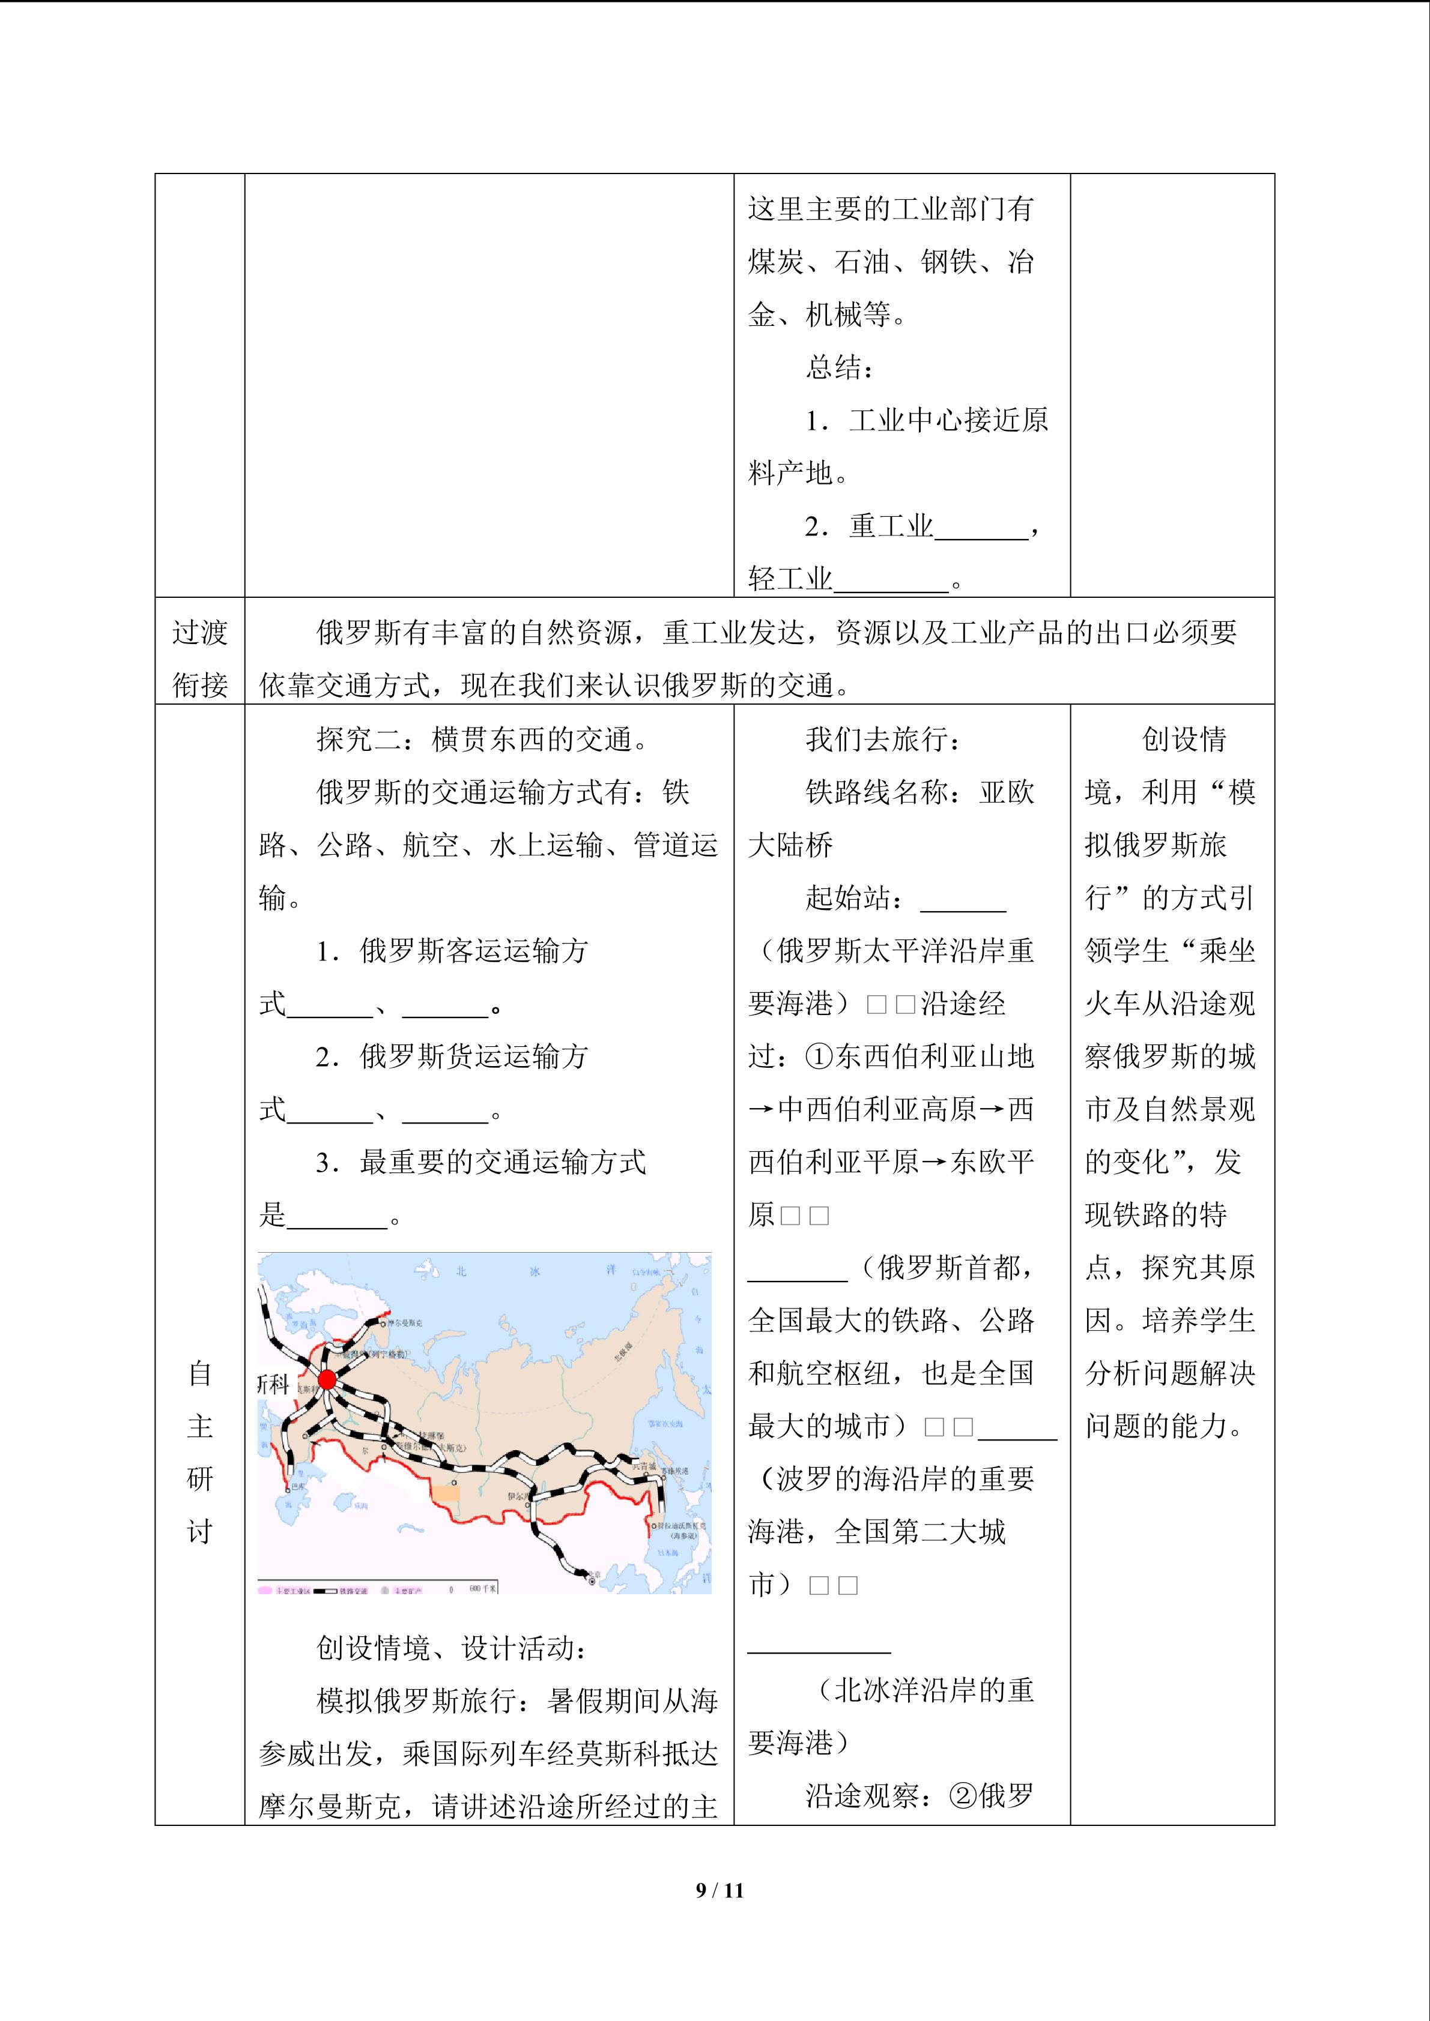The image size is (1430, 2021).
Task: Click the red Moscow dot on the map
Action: click(327, 1379)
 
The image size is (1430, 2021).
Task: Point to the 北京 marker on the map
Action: click(592, 1581)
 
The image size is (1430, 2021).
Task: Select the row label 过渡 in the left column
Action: click(200, 632)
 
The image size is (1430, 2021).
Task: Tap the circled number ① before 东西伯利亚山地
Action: click(819, 1056)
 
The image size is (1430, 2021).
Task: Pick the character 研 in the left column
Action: click(200, 1479)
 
